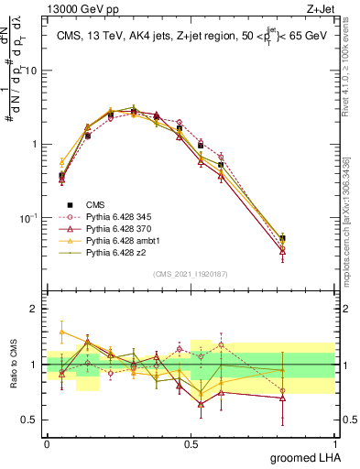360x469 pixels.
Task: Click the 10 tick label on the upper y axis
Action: click(31, 71)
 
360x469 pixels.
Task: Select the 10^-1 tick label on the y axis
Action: click(29, 218)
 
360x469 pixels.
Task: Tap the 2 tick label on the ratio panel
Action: click(35, 310)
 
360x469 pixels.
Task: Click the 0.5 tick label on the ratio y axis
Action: click(29, 420)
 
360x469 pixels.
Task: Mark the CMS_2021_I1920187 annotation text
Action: click(190, 274)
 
